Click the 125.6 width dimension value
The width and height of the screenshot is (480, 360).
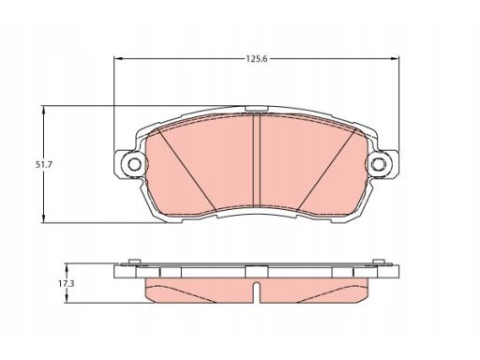pos(257,59)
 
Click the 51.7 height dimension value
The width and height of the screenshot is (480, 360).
pos(43,165)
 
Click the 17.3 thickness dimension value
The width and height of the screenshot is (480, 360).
pos(66,284)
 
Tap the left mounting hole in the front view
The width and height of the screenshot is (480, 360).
pos(135,164)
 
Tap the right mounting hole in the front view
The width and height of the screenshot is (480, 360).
pos(379,164)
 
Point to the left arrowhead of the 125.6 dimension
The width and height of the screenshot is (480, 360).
pos(118,59)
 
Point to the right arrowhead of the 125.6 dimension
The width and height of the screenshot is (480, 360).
pos(395,59)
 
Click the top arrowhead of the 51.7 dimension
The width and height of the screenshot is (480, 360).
pos(43,111)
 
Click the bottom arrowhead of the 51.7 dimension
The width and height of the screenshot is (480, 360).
pos(43,218)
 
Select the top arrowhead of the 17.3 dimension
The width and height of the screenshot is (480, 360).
pos(66,267)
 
